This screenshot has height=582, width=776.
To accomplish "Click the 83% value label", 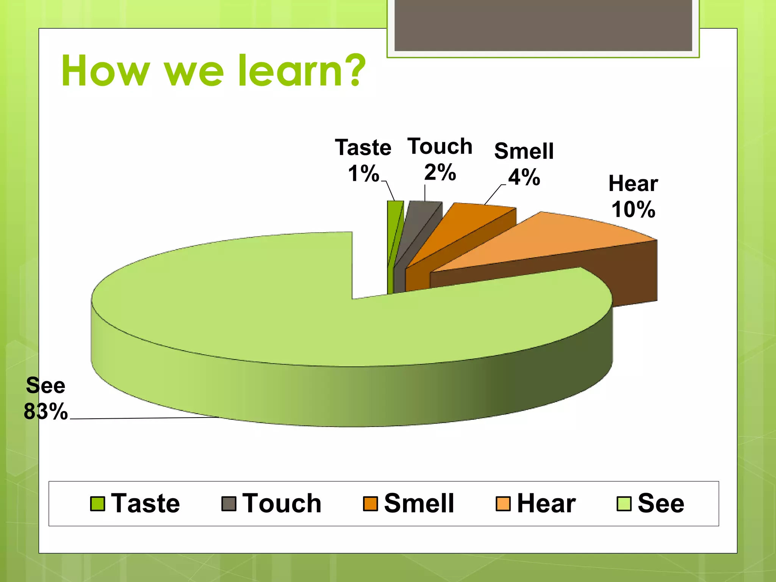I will click(45, 411).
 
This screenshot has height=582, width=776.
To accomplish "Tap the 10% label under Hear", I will click(633, 209).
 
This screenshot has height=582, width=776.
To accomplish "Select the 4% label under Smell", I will click(524, 177).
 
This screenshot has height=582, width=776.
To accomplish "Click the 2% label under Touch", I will click(440, 172).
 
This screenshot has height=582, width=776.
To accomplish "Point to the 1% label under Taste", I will click(363, 174).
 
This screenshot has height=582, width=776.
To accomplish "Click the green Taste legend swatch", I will click(98, 504).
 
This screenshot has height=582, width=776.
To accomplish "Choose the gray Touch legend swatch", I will click(229, 504).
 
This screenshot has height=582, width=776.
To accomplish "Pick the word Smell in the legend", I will click(419, 504).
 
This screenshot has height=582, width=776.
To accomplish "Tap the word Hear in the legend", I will click(546, 504).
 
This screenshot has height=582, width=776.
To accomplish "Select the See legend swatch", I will click(624, 504).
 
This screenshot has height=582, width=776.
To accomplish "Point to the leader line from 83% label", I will click(144, 418).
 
